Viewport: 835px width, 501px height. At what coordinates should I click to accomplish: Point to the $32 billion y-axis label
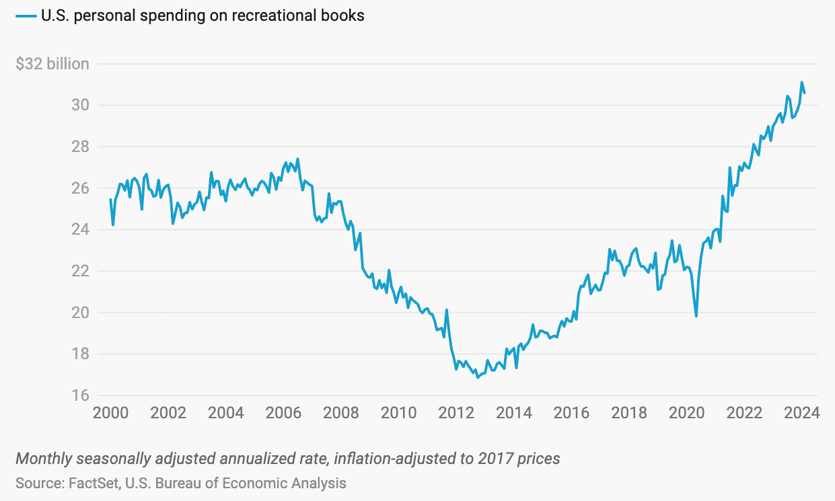pyautogui.click(x=52, y=64)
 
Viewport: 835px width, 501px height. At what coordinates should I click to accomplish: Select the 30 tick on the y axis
pyautogui.click(x=79, y=106)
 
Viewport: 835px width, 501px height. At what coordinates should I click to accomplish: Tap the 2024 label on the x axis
pyautogui.click(x=803, y=413)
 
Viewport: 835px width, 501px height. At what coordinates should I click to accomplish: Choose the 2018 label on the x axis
pyautogui.click(x=630, y=413)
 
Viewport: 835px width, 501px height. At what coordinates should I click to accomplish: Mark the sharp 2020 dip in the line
pyautogui.click(x=696, y=315)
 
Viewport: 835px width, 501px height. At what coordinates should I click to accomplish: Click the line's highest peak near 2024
pyautogui.click(x=801, y=83)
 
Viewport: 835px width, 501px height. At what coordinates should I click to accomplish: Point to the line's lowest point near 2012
pyautogui.click(x=478, y=377)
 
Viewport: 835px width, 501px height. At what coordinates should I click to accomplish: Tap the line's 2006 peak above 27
pyautogui.click(x=297, y=159)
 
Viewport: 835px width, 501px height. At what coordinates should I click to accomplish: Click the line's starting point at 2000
pyautogui.click(x=110, y=200)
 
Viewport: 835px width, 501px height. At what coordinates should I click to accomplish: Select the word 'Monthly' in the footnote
pyautogui.click(x=42, y=459)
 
